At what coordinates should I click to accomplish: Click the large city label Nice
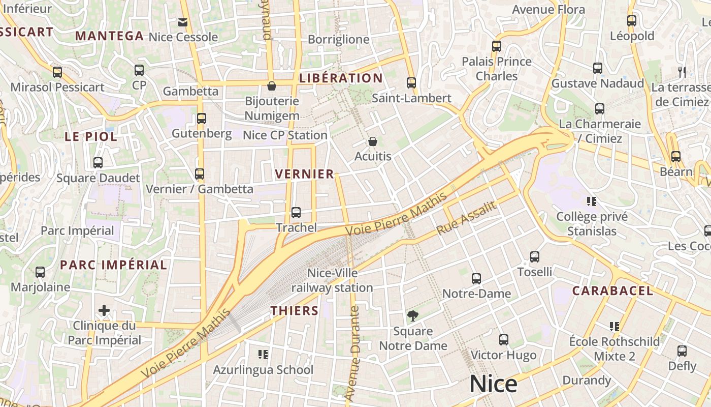(x=493, y=384)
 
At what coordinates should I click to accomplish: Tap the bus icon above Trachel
(x=296, y=213)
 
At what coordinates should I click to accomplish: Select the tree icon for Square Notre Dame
(x=413, y=316)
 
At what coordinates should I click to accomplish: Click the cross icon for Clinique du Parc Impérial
(x=104, y=310)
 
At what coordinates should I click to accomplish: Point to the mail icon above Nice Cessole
(x=183, y=22)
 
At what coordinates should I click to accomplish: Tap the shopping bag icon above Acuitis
(x=373, y=141)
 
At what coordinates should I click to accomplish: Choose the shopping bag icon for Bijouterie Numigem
(x=272, y=86)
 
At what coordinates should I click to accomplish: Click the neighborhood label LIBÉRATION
(x=341, y=78)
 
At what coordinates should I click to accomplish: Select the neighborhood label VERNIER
(x=305, y=174)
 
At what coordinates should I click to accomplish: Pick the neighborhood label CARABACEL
(x=612, y=291)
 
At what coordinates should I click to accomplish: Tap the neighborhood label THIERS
(x=295, y=311)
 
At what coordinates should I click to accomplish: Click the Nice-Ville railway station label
(x=332, y=280)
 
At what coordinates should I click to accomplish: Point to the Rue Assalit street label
(x=466, y=218)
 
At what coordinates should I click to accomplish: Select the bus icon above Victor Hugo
(x=504, y=340)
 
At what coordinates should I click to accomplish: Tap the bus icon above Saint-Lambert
(x=411, y=82)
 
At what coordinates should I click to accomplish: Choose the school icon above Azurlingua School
(x=263, y=354)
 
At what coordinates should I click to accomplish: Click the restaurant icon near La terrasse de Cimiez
(x=682, y=72)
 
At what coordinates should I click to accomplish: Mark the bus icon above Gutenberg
(x=202, y=119)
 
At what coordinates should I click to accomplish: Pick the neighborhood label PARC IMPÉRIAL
(x=113, y=265)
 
